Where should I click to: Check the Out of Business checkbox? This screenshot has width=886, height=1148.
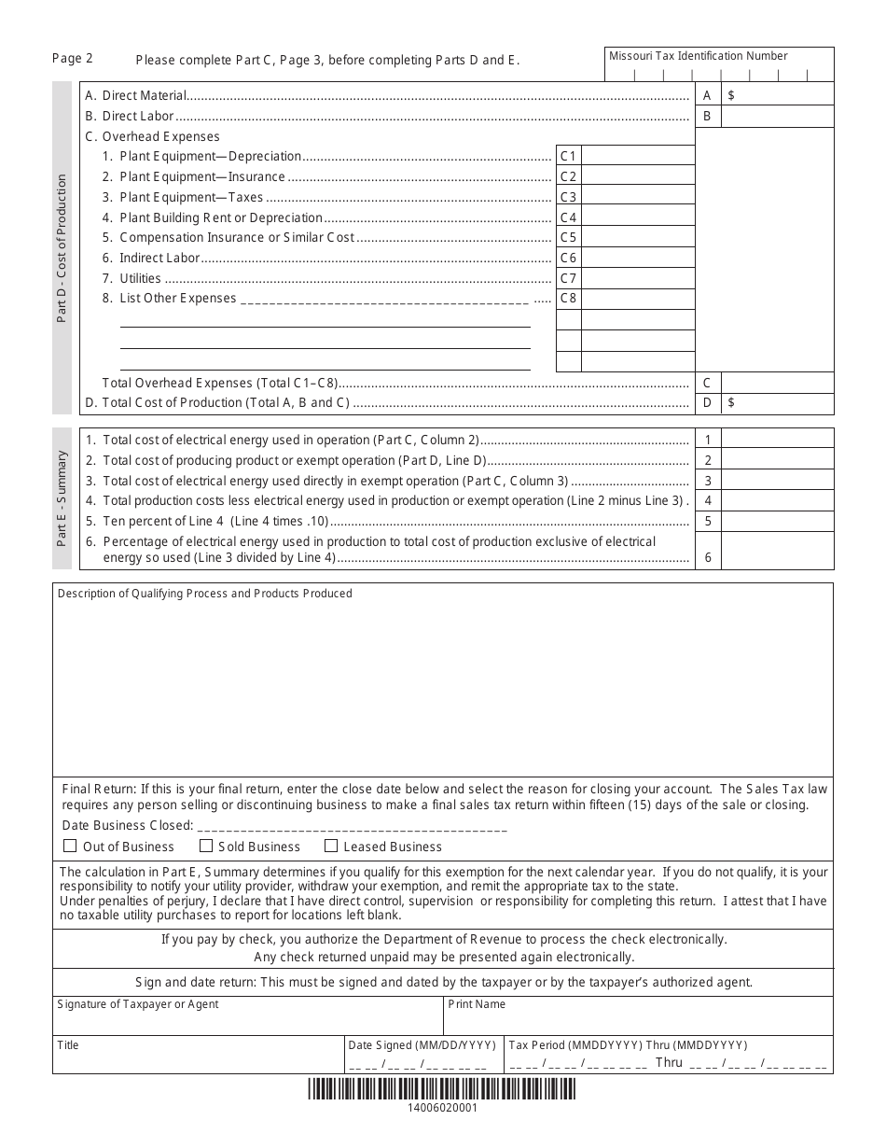[x=70, y=847]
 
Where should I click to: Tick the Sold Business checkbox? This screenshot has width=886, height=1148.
[x=206, y=847]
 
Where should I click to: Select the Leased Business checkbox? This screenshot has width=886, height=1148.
[x=331, y=847]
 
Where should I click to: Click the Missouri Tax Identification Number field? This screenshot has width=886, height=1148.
[x=720, y=74]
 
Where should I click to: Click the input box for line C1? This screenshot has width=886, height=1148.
[x=638, y=156]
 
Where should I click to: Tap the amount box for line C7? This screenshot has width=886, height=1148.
[x=638, y=278]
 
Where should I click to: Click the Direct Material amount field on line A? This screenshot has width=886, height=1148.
[x=778, y=95]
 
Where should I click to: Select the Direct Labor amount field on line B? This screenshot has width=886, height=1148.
[x=778, y=117]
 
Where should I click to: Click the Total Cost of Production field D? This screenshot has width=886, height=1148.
[x=778, y=403]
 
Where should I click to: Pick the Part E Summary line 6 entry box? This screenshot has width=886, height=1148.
[x=778, y=551]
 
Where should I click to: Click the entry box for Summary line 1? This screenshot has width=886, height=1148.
[x=778, y=440]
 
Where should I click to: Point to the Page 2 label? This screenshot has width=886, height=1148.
[x=73, y=58]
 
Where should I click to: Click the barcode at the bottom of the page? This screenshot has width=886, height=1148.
[x=442, y=1089]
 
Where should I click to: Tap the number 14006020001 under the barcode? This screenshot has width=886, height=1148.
[x=442, y=1109]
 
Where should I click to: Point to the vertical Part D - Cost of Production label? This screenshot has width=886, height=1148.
[x=62, y=248]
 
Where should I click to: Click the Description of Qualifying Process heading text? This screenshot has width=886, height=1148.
[x=205, y=594]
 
